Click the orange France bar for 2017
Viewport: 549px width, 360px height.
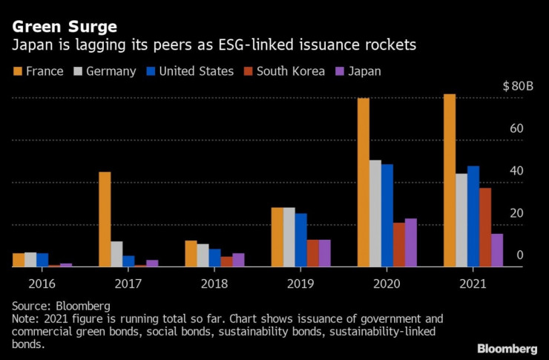(105, 219)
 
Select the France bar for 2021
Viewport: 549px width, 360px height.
(450, 180)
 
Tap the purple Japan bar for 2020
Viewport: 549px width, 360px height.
(411, 242)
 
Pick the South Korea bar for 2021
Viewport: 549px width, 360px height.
(485, 227)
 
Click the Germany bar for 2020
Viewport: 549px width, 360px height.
(375, 213)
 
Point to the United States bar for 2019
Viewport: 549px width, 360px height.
(301, 240)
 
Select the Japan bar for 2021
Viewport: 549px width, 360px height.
(497, 250)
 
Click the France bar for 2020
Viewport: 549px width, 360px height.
(364, 182)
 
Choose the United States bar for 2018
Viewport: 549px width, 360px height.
(214, 258)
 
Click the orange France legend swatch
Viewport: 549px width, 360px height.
(17, 71)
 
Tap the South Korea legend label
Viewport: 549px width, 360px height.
(291, 71)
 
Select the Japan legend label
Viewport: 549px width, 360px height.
(364, 71)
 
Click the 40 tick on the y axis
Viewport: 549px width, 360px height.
(516, 171)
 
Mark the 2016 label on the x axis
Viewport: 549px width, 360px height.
(42, 284)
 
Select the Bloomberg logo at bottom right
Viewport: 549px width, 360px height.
(507, 348)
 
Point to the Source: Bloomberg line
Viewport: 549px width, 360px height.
(61, 306)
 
